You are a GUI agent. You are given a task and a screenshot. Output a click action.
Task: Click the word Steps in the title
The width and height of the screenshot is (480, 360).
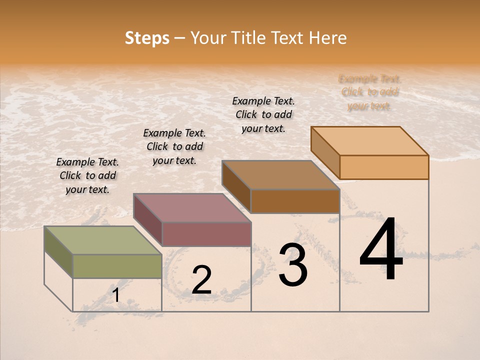pos(146,38)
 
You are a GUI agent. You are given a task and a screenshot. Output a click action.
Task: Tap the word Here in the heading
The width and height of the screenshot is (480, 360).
pos(327,38)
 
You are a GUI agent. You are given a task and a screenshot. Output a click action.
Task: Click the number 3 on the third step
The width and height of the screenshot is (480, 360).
pos(293,265)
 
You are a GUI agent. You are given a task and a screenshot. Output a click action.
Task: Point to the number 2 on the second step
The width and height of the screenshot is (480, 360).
pos(201,280)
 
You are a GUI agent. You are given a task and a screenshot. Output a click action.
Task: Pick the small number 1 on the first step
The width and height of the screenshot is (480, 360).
pos(116,295)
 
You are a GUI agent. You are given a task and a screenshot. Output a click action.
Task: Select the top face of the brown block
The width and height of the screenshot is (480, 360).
pos(280,175)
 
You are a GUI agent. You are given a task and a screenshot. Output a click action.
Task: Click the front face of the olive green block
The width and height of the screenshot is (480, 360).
pos(117,266)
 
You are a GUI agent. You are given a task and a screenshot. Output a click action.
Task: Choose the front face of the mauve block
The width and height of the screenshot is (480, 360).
pos(206,234)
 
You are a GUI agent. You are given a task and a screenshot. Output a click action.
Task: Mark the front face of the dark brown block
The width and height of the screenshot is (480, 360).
pos(295,201)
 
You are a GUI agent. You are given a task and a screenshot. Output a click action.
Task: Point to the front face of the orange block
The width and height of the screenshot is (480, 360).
pos(384,167)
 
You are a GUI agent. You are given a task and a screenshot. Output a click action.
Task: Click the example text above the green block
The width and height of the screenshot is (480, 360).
pos(87,175)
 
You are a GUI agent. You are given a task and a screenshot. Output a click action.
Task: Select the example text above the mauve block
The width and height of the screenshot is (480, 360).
pos(174,146)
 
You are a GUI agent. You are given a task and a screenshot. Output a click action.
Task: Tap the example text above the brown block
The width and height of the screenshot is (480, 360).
pos(263,114)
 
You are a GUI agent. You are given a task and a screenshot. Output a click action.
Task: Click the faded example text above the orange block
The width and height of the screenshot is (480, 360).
pos(369,92)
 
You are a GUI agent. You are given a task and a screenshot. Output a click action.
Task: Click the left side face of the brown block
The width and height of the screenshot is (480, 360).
pos(236,186)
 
